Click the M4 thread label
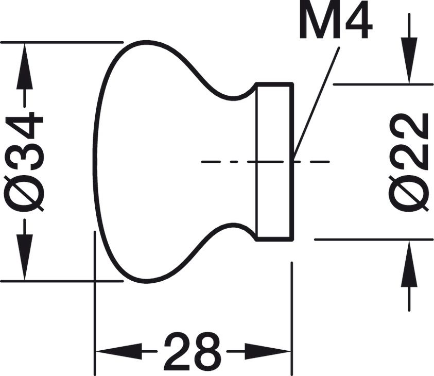click(336, 21)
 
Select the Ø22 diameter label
click(409, 162)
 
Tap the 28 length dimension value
click(193, 351)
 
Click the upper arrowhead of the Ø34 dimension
click(25, 66)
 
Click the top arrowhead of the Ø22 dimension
click(409, 60)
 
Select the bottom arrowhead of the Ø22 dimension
click(409, 263)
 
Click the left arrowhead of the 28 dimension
click(119, 351)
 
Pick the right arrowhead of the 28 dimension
click(268, 351)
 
